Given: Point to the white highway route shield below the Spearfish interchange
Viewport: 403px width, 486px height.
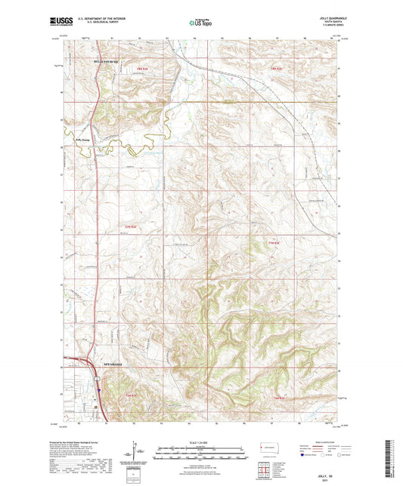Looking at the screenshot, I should pos(98,390).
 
